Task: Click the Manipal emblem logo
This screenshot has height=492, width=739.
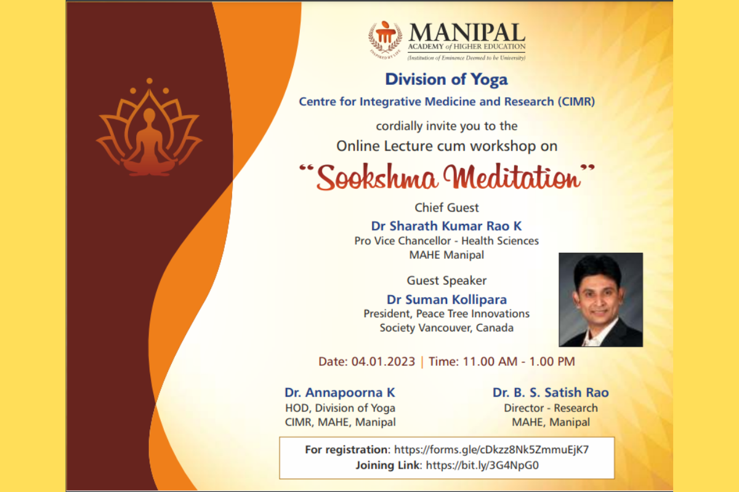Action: (x=385, y=39)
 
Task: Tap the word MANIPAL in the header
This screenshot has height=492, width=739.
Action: (x=467, y=33)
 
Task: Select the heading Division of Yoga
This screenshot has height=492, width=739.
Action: (x=446, y=79)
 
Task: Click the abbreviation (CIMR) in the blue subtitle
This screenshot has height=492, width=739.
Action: (x=576, y=101)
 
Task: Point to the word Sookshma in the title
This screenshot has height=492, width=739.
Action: (x=377, y=177)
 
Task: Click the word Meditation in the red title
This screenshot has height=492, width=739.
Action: (x=511, y=177)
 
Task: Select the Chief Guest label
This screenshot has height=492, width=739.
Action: (x=446, y=208)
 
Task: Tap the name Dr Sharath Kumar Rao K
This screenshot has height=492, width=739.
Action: (x=446, y=226)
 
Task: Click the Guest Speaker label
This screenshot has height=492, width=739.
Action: (x=446, y=280)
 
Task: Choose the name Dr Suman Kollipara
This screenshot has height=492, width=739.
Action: (x=446, y=300)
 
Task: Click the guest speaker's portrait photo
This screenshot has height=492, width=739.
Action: (x=600, y=300)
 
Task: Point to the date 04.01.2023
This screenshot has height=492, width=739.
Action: (x=383, y=362)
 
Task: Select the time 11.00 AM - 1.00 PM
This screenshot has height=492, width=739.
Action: (x=519, y=362)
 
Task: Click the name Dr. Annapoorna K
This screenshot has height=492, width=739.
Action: (x=340, y=392)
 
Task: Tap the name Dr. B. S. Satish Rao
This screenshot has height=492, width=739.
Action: (x=551, y=392)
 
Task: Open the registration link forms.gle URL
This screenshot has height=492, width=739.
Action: (x=491, y=450)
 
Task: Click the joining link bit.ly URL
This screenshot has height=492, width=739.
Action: (x=482, y=465)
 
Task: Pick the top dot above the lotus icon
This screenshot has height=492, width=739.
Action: (x=150, y=81)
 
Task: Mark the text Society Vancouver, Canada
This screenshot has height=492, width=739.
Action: (x=446, y=328)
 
